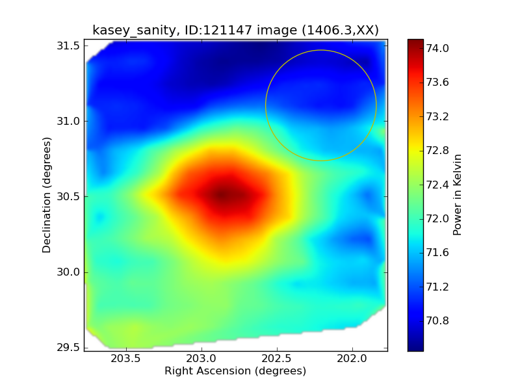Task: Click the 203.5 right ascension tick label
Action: tap(125, 359)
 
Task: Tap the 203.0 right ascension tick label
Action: tap(201, 359)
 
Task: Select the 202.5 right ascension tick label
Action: tap(277, 359)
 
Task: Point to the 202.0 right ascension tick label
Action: tap(353, 359)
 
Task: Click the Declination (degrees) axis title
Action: tap(47, 195)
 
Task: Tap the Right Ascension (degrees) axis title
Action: tap(235, 371)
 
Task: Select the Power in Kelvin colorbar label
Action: tap(457, 195)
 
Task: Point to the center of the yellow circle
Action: tap(321, 105)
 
